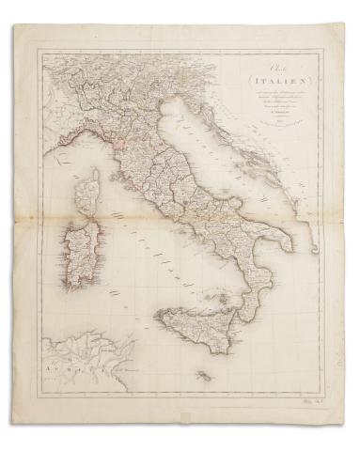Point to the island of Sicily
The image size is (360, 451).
(x=188, y=322)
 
